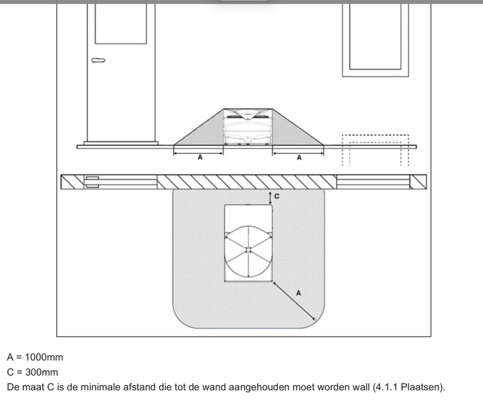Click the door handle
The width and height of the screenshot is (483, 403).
tap(98, 60)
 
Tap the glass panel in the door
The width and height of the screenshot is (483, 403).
tap(121, 24)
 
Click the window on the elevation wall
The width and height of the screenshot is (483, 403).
tap(375, 40)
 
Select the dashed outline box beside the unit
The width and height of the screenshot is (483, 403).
tap(375, 150)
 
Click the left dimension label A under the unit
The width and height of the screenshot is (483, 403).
tap(200, 157)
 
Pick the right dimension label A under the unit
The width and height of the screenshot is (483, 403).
tap(299, 157)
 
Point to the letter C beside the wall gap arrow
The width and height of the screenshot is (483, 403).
tap(277, 196)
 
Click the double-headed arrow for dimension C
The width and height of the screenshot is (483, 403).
tap(270, 198)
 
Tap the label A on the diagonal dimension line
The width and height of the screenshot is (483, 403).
tap(298, 293)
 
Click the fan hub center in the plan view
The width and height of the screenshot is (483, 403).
tap(248, 250)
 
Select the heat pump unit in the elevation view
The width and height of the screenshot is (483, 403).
tap(248, 127)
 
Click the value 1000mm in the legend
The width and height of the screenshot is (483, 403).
tap(43, 357)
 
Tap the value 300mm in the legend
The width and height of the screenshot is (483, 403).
tap(42, 372)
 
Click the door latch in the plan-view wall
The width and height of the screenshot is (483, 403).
tap(92, 182)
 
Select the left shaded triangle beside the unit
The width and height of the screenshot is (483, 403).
tap(199, 131)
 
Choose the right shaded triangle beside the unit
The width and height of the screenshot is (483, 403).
tap(298, 131)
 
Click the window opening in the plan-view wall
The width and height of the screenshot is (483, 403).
tap(373, 182)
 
